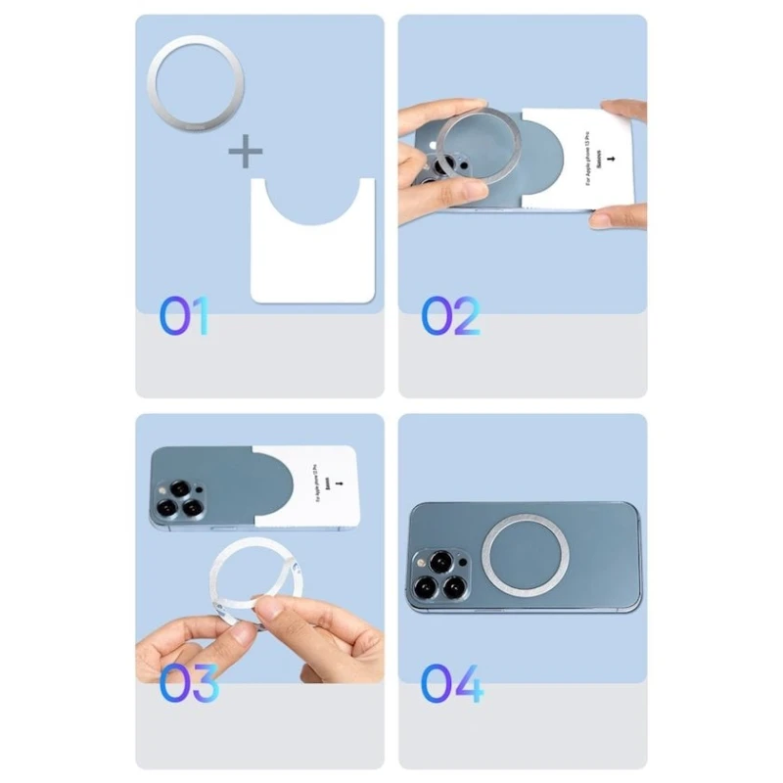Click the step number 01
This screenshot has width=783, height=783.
coord(185,316)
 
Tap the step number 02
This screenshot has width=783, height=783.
coord(451,316)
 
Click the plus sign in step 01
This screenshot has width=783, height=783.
coord(246,152)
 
